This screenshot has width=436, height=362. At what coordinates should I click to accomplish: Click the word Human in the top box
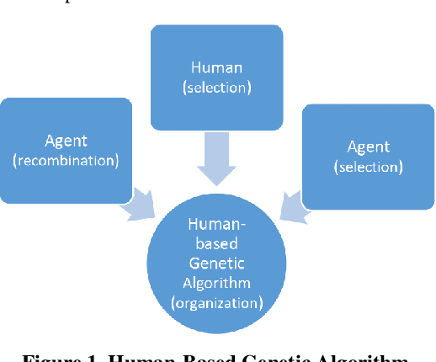(x=216, y=68)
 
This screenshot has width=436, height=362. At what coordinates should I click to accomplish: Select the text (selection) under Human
(x=216, y=86)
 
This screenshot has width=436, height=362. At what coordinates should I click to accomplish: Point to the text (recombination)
(x=66, y=161)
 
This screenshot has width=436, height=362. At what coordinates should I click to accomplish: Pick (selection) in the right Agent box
(x=368, y=167)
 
